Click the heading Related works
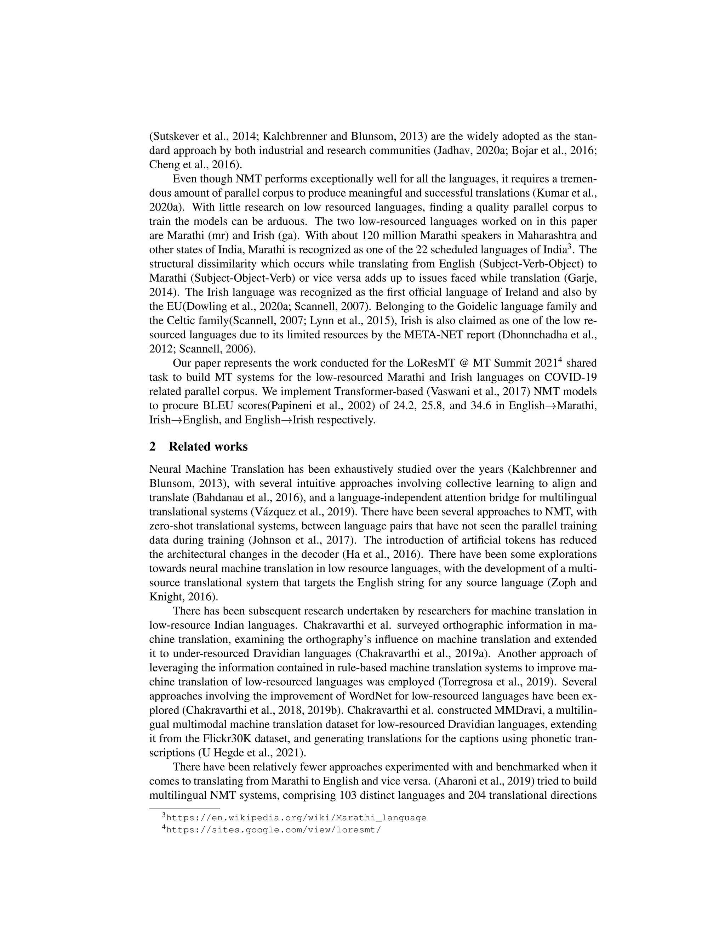point(208,447)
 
